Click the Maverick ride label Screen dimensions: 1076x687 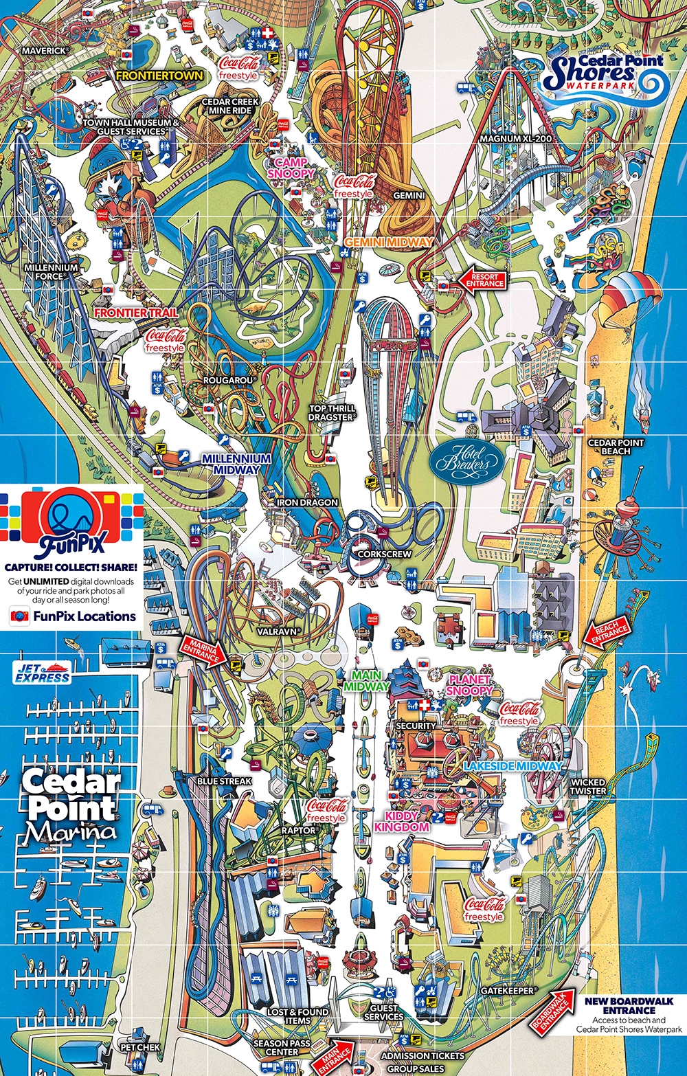tap(44, 51)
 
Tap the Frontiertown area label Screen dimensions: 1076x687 tap(159, 76)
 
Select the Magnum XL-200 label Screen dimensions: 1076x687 tap(515, 139)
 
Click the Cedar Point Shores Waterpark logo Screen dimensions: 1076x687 tap(605, 74)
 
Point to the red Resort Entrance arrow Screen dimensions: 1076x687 tap(483, 280)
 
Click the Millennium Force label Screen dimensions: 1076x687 tap(52, 271)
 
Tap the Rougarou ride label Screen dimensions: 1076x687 tap(229, 380)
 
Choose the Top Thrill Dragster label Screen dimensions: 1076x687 tap(332, 413)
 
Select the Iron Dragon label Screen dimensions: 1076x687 tap(307, 502)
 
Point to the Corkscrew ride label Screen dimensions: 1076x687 tap(385, 554)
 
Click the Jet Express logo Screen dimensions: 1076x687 tap(43, 673)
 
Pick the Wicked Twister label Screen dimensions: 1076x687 tap(588, 787)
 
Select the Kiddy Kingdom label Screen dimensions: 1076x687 tap(402, 821)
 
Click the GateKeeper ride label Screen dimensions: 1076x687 tap(507, 991)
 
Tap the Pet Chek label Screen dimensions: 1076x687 tap(140, 1047)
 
